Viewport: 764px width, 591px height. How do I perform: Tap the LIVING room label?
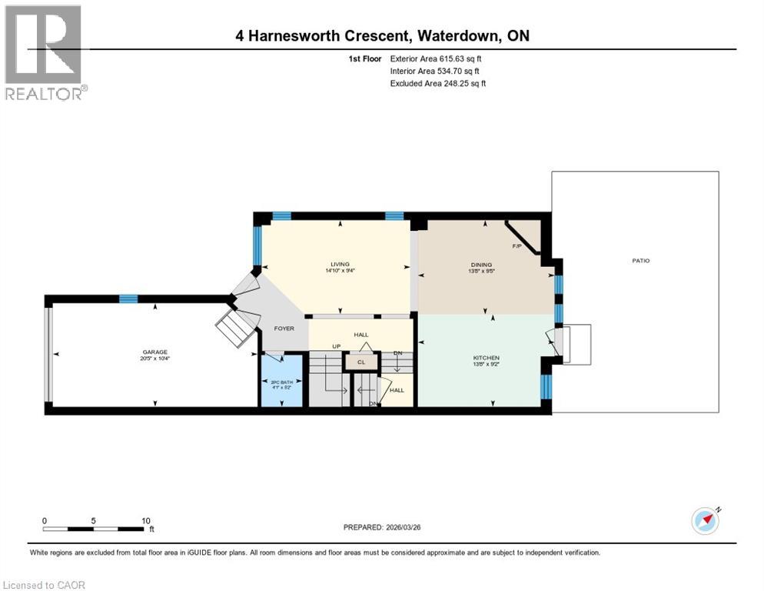point(340,263)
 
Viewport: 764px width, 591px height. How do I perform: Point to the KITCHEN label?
point(487,358)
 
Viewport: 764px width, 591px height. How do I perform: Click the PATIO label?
point(640,261)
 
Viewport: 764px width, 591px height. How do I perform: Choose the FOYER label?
point(284,329)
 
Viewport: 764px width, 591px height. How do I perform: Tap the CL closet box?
point(360,360)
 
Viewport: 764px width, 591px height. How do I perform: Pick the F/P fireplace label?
point(517,246)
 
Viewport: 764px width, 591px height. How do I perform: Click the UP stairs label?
point(336,347)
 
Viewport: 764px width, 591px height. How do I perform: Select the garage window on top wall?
point(128,299)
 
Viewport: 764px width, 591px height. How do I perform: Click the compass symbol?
point(705,520)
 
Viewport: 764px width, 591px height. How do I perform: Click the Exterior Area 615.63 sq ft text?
point(437,58)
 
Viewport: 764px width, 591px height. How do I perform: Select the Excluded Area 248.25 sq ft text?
point(438,83)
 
